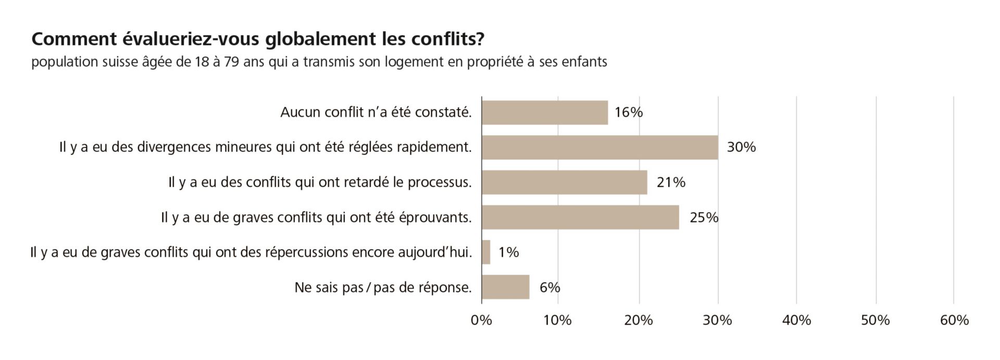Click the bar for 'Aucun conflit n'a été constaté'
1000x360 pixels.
click(544, 113)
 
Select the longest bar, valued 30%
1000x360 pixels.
click(599, 147)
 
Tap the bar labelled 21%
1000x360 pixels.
click(564, 182)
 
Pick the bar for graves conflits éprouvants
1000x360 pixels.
click(580, 217)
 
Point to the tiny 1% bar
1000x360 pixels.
click(486, 252)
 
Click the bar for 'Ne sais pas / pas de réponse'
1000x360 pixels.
click(505, 287)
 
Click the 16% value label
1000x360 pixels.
click(629, 113)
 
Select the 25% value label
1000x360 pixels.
click(704, 217)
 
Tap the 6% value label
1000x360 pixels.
click(549, 287)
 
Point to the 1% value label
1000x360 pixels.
click(508, 252)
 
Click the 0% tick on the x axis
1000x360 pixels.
click(481, 320)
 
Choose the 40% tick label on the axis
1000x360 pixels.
click(796, 320)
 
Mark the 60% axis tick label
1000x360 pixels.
click(954, 320)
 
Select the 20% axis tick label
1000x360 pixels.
click(639, 320)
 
